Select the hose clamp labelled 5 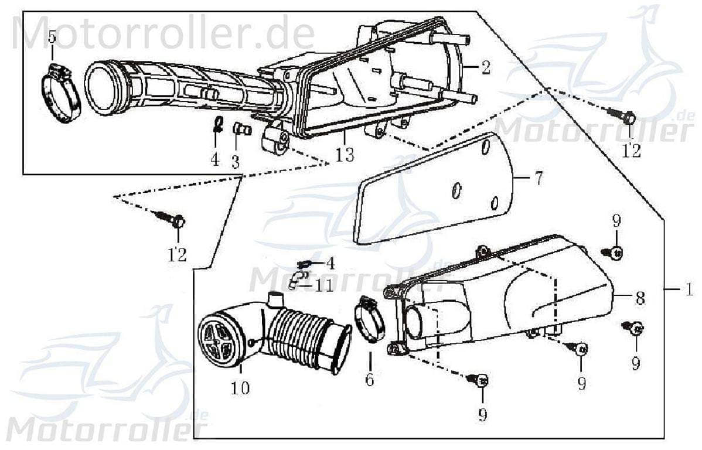click(61, 95)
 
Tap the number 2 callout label click(486, 68)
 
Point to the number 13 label click(345, 155)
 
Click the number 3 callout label click(235, 161)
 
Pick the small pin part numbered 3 click(241, 129)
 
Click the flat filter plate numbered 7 click(434, 187)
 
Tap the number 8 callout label click(640, 298)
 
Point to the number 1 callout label click(690, 289)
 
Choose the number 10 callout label click(240, 388)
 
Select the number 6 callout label click(369, 380)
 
